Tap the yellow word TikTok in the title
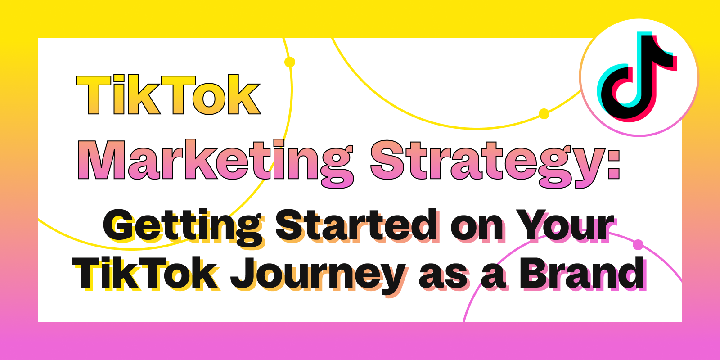coord(168,94)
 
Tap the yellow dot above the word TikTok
coord(290,62)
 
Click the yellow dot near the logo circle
coord(544,114)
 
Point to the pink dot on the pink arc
coord(638,245)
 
